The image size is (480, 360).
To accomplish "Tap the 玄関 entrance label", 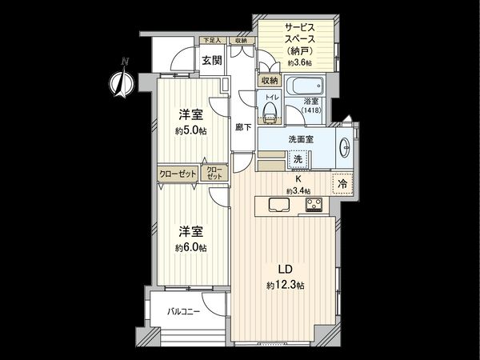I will click(x=211, y=60).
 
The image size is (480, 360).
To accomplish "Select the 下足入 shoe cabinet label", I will click(x=210, y=40).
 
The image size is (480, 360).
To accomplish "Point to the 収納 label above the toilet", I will click(x=269, y=81).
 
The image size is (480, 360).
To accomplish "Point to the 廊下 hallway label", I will click(x=243, y=126).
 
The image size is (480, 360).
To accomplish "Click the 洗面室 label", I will click(x=301, y=140).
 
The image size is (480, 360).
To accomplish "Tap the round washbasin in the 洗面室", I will click(x=345, y=146).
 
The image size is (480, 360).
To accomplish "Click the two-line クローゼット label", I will click(x=214, y=173).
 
